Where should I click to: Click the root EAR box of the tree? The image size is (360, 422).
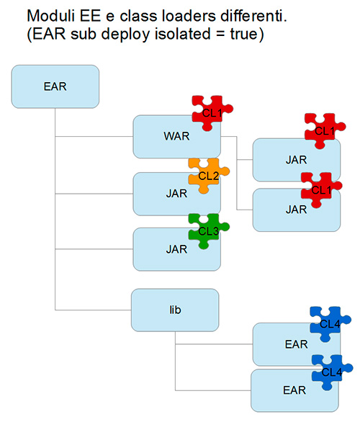[x=55, y=86]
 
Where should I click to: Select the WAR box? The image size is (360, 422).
[x=177, y=136]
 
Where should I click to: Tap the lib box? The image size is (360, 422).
[x=175, y=310]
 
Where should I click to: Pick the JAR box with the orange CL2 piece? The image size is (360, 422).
[x=177, y=194]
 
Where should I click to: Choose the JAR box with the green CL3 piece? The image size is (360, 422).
[x=177, y=249]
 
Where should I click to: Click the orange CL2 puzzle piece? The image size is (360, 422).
[x=209, y=175]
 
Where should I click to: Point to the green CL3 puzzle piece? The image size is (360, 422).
[x=209, y=230]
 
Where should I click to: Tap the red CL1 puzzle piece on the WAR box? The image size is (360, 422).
[x=212, y=113]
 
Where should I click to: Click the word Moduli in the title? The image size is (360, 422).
[x=51, y=16]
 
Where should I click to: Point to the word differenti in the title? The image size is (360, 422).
[x=252, y=16]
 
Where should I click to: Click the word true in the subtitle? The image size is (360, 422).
[x=244, y=34]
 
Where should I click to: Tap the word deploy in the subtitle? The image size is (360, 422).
[x=125, y=35]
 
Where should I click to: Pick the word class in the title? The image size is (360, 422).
[x=138, y=16]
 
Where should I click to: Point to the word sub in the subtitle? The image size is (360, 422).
[x=84, y=34]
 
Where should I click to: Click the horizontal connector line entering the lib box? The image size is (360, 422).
[x=93, y=310]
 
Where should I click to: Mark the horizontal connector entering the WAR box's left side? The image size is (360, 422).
[x=94, y=136]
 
